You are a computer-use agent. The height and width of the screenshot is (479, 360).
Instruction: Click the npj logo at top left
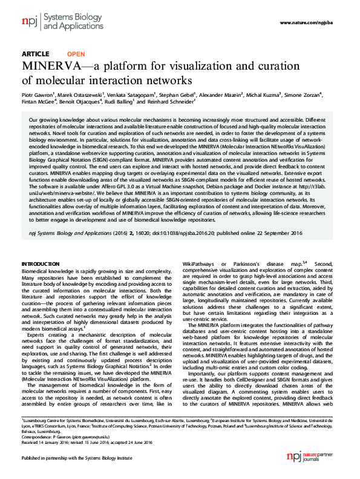point(29,23)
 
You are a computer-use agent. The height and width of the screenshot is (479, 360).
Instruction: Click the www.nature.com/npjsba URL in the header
point(308,22)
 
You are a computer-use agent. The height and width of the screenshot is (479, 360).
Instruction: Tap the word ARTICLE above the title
point(35,54)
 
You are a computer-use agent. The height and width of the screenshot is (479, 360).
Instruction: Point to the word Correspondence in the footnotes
point(36,434)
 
